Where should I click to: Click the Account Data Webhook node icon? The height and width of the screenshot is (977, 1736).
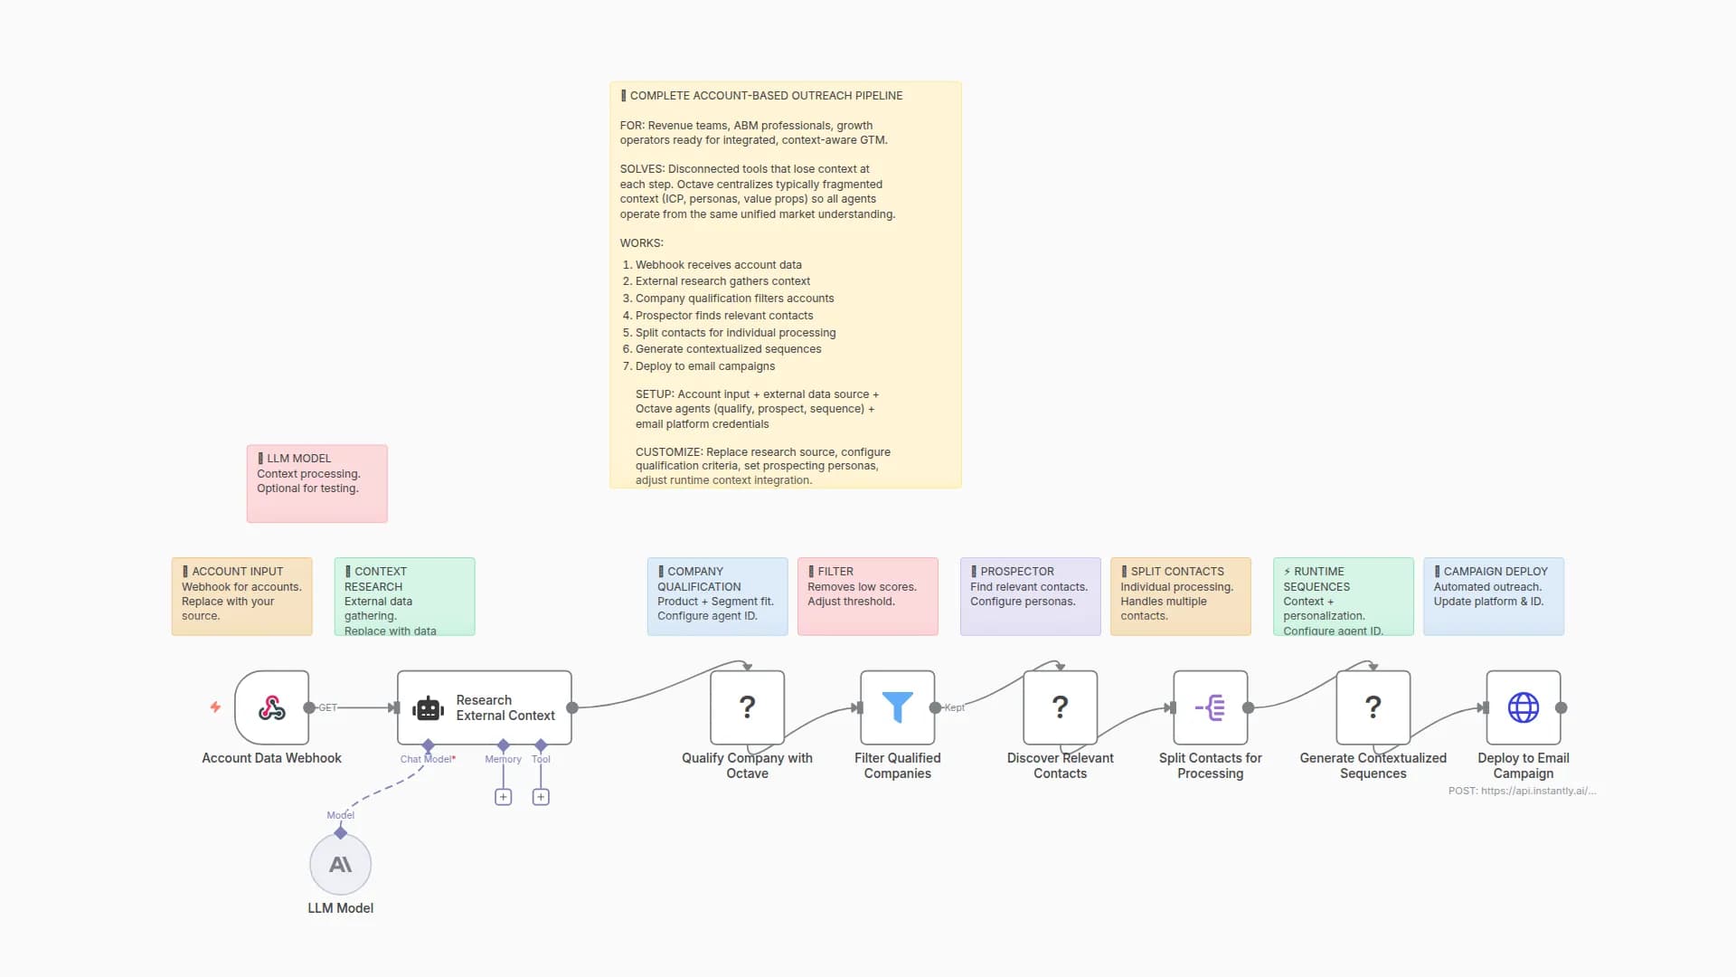(x=271, y=707)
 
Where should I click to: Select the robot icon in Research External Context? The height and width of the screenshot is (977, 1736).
(x=429, y=708)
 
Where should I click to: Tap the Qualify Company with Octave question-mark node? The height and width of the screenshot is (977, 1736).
(x=747, y=707)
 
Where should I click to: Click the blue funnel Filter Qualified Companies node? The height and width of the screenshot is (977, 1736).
(x=897, y=707)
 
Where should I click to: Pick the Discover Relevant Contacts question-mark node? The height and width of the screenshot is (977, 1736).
(x=1060, y=707)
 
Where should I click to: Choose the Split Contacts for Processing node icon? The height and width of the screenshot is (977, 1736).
(x=1210, y=707)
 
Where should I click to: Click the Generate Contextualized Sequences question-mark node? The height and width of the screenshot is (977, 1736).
(x=1373, y=707)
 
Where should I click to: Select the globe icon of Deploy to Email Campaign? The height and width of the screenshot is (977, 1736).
(x=1523, y=707)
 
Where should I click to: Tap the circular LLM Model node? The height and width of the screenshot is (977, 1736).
(x=340, y=865)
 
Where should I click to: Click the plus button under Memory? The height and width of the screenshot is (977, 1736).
(x=504, y=797)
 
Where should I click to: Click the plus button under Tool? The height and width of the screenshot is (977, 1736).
(x=541, y=797)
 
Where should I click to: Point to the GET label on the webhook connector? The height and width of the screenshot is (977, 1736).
(x=327, y=707)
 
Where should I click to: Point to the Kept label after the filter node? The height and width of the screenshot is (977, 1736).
(x=954, y=707)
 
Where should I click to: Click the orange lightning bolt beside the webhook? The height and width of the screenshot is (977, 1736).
(x=215, y=707)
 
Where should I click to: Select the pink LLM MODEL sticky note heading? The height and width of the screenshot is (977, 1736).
(x=298, y=459)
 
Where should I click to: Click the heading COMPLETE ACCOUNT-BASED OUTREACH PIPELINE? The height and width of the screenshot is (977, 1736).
(x=765, y=96)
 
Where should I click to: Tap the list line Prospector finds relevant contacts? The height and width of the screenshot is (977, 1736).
(x=723, y=316)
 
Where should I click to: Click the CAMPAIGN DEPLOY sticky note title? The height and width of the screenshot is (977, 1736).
(x=1495, y=572)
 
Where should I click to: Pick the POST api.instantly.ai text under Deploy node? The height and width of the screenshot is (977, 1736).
(x=1522, y=791)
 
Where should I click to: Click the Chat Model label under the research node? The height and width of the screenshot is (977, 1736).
(x=427, y=759)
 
